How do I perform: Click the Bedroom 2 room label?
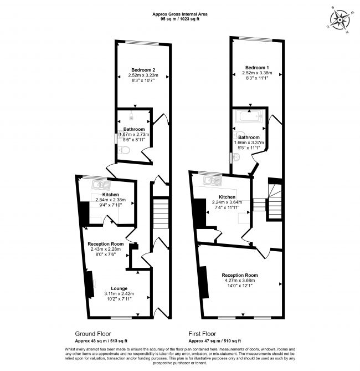143,69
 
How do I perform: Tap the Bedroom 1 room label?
257,67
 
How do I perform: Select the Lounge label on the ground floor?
119,288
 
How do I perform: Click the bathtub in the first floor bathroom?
249,118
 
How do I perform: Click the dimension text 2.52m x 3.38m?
257,73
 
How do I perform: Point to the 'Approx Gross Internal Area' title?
179,15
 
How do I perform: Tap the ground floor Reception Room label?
105,244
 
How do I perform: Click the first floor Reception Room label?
240,275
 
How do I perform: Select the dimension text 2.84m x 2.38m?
111,200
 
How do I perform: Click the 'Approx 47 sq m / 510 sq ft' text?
210,340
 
